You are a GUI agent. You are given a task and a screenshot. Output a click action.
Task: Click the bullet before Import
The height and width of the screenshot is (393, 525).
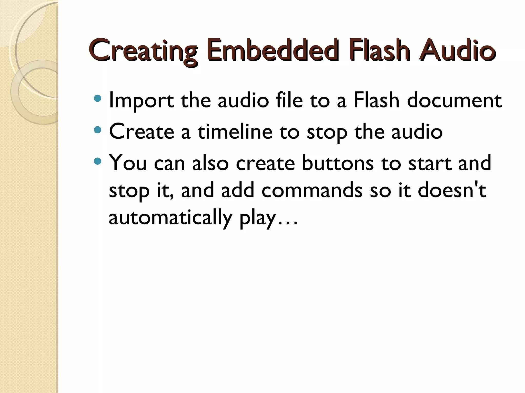[98, 99]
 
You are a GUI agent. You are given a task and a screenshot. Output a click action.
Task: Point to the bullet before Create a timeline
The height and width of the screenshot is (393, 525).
[98, 130]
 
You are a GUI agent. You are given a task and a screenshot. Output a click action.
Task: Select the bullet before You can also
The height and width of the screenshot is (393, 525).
[98, 161]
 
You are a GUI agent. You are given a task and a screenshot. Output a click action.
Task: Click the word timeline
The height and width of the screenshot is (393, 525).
[235, 132]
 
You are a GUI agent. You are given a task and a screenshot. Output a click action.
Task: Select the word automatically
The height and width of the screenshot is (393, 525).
[170, 218]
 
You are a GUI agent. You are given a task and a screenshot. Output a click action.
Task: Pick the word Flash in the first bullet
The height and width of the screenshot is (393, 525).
[377, 100]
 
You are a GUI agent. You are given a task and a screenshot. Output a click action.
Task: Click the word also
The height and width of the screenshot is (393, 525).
[210, 163]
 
